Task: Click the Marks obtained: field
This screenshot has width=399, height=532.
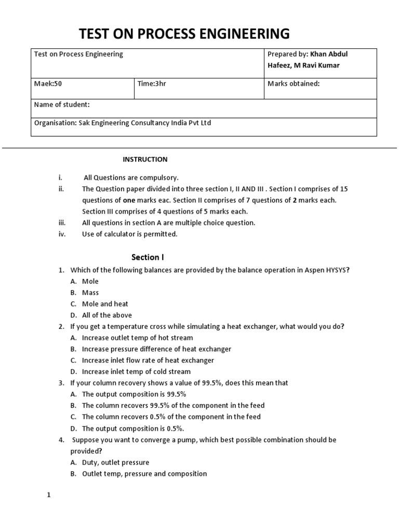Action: (293, 83)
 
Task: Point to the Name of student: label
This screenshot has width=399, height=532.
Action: (61, 104)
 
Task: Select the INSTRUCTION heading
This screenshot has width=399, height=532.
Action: (145, 159)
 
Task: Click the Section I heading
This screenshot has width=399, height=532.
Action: (148, 257)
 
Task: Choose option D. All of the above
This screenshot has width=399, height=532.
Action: (107, 315)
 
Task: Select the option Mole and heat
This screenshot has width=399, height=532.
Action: (105, 303)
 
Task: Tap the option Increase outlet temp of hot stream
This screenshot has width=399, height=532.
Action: (137, 338)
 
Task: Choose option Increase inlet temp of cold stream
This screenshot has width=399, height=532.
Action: (136, 371)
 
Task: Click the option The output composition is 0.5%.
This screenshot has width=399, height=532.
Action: (133, 429)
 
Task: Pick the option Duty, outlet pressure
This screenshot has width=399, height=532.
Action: (115, 462)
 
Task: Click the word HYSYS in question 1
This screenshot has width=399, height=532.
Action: (337, 270)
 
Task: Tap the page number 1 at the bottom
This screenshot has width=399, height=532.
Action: (49, 495)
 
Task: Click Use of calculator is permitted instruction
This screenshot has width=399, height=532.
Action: (129, 234)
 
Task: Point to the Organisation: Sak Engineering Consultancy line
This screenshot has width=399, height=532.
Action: (123, 123)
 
